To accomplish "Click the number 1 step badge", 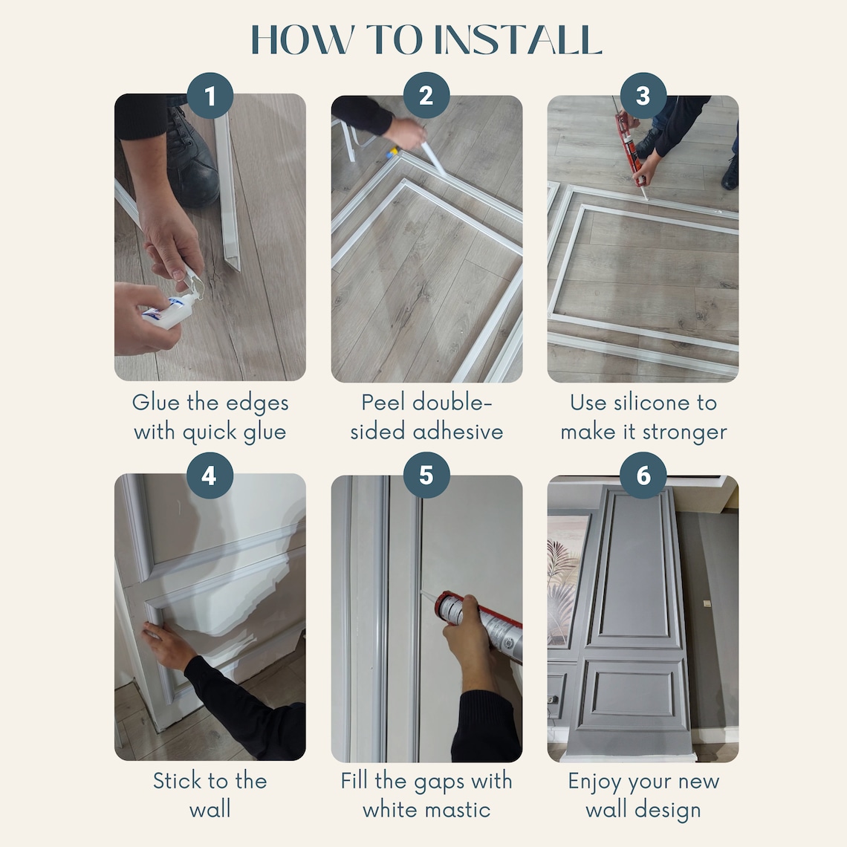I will [210, 96].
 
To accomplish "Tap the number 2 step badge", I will [426, 96].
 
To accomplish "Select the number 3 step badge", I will [643, 96].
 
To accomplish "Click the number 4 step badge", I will [210, 476].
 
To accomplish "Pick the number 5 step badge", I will [426, 476].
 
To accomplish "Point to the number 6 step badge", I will [643, 476].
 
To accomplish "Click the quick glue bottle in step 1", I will [170, 311].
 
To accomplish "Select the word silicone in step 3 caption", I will [652, 403].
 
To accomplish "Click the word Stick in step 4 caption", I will [177, 781].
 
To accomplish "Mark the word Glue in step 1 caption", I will [156, 403].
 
